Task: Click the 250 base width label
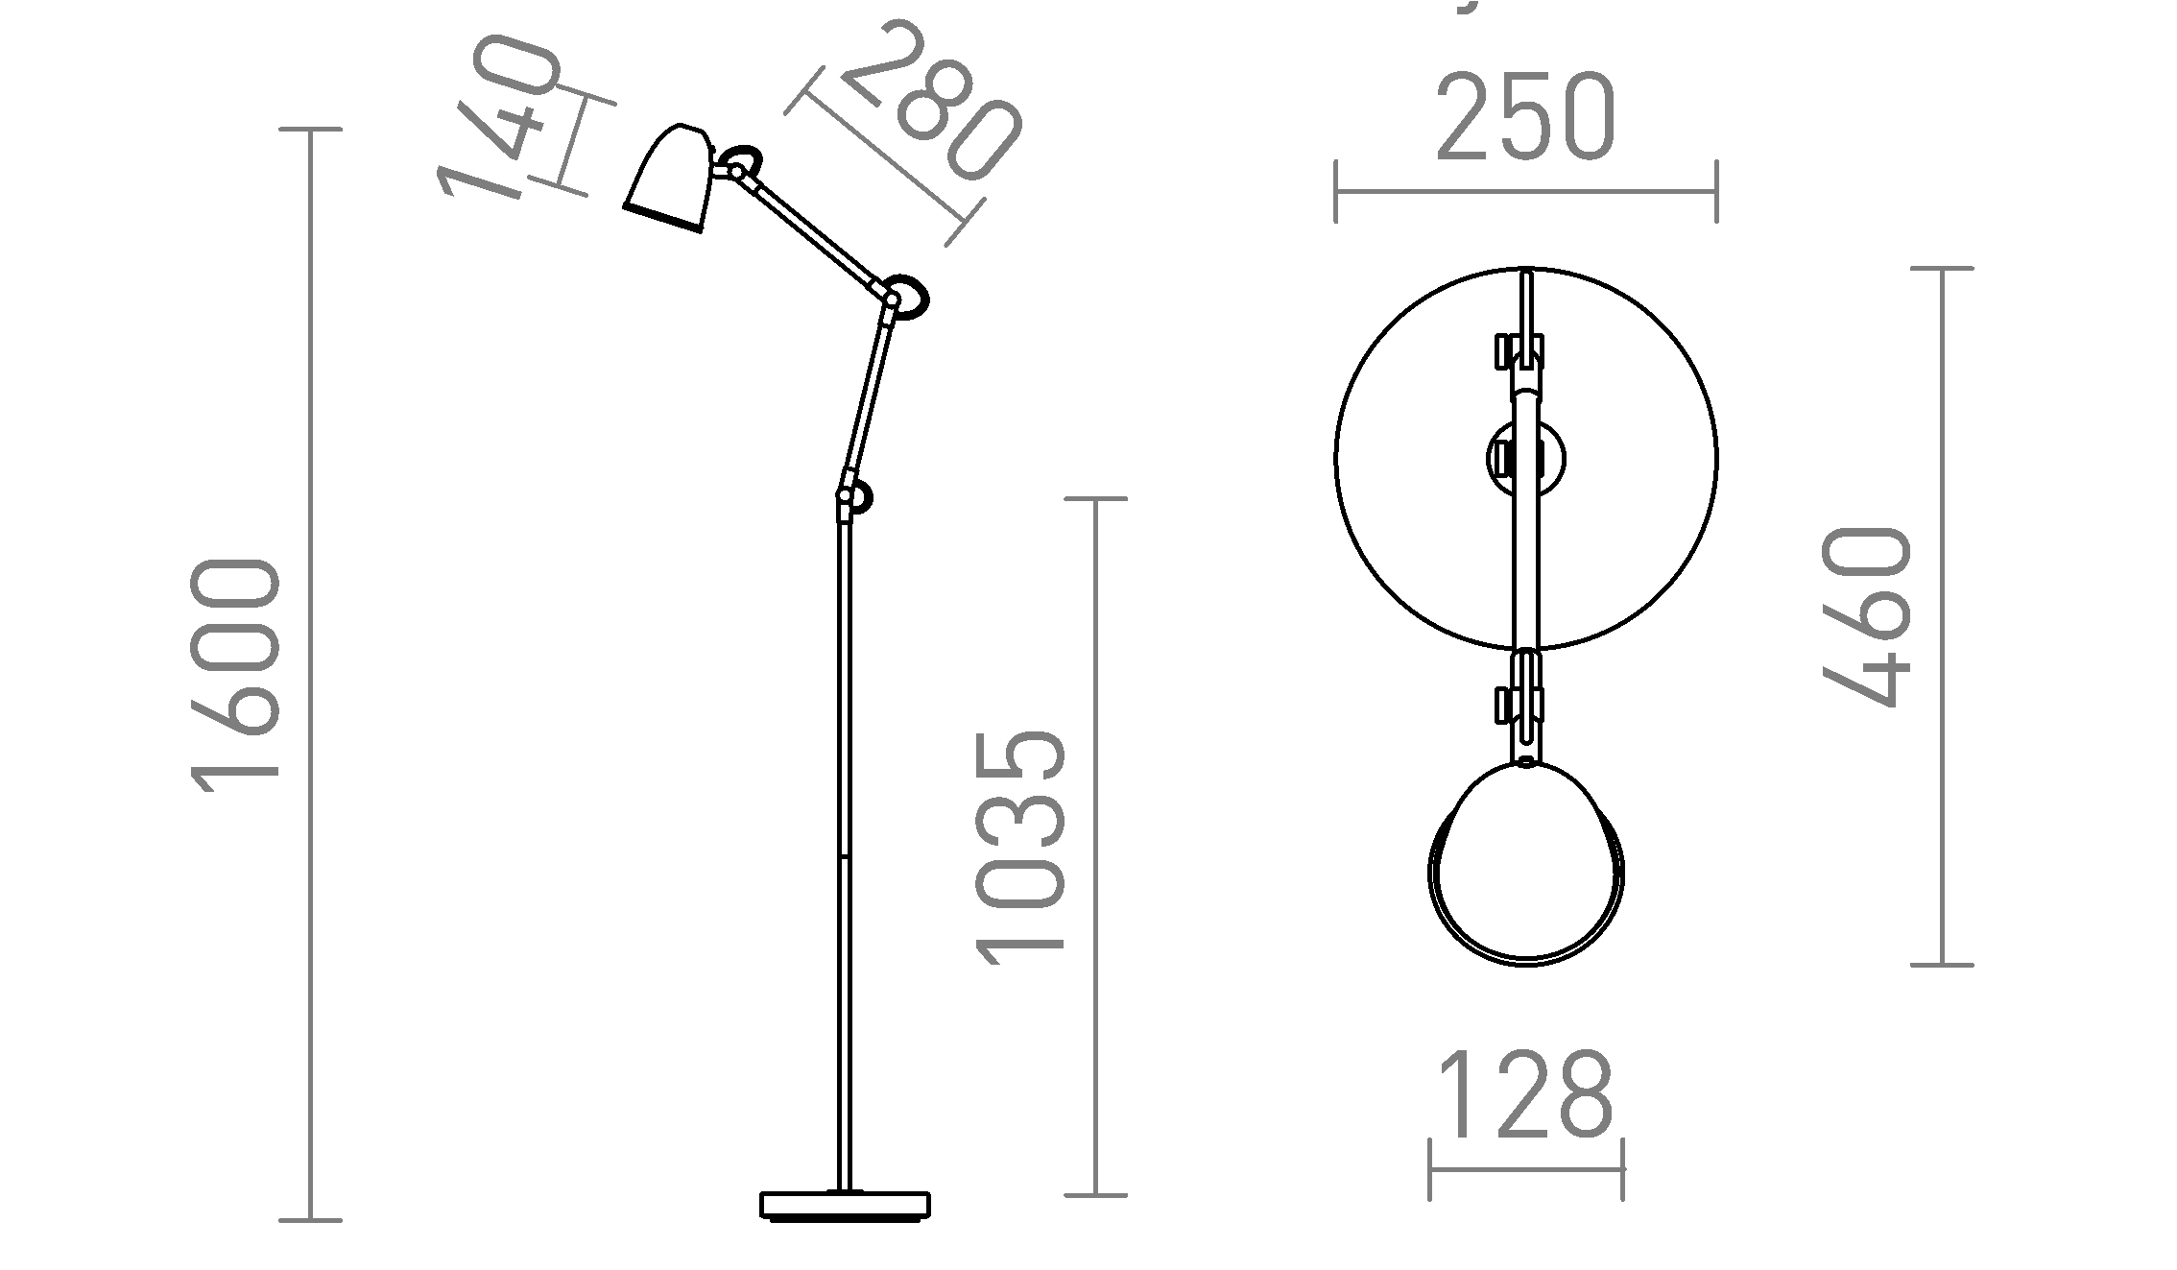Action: [1526, 115]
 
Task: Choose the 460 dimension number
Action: [1867, 616]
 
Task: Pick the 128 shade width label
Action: [1524, 1094]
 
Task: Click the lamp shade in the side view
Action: [670, 178]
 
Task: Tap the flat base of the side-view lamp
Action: [846, 1205]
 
